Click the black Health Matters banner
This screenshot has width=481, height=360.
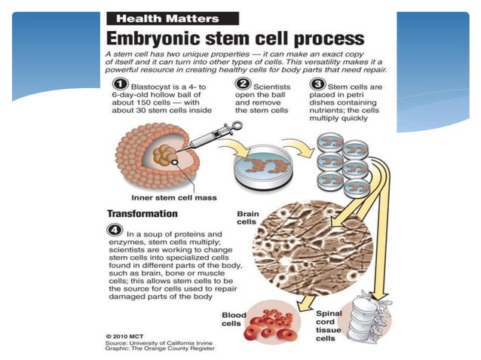pos(173,18)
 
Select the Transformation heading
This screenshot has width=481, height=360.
pos(143,213)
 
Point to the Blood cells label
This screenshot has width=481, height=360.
pos(233,319)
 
